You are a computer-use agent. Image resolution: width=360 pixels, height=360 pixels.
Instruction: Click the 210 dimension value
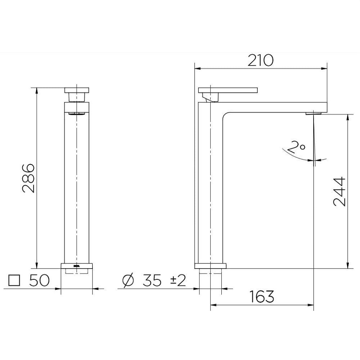pyautogui.click(x=260, y=60)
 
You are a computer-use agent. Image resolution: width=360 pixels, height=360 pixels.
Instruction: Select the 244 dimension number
pyautogui.click(x=339, y=191)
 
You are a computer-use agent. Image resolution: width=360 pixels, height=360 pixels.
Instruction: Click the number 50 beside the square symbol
pyautogui.click(x=39, y=280)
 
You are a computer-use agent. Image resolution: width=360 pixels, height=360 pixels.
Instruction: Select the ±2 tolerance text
pyautogui.click(x=177, y=280)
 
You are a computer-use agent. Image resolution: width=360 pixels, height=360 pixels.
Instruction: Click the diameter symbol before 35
pyautogui.click(x=127, y=280)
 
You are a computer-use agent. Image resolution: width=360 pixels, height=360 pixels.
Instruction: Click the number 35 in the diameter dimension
pyautogui.click(x=152, y=280)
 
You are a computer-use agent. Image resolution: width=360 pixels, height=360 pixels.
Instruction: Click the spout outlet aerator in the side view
pyautogui.click(x=313, y=114)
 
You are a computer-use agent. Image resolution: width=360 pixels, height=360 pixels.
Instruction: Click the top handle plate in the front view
pyautogui.click(x=77, y=90)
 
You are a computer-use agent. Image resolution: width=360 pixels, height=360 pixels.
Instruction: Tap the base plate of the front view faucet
pyautogui.click(x=77, y=266)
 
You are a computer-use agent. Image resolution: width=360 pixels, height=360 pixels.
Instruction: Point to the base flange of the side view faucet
pyautogui.click(x=210, y=266)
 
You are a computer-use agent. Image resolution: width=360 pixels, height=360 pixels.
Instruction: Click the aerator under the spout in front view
pyautogui.click(x=77, y=114)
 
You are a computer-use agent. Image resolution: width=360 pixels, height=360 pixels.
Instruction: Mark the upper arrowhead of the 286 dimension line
pyautogui.click(x=36, y=90)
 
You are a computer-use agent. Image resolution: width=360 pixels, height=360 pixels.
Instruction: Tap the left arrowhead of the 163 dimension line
pyautogui.click(x=213, y=305)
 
